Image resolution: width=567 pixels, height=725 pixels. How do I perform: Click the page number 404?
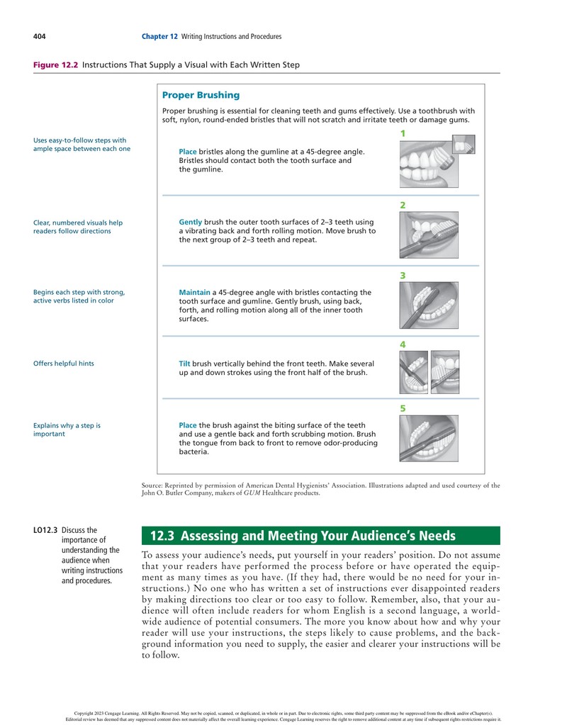pyautogui.click(x=39, y=37)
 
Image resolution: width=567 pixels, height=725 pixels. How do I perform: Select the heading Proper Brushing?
pyautogui.click(x=201, y=95)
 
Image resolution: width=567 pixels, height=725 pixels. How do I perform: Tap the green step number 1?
pyautogui.click(x=403, y=134)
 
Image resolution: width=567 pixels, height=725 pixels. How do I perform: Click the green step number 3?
pyautogui.click(x=403, y=276)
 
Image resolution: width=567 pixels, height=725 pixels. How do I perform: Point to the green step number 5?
pyautogui.click(x=403, y=409)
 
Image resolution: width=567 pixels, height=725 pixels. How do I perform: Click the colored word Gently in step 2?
pyautogui.click(x=191, y=223)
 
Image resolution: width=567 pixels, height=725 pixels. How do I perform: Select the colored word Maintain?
pyautogui.click(x=195, y=292)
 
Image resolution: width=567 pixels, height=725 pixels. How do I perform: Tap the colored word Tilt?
pyautogui.click(x=184, y=364)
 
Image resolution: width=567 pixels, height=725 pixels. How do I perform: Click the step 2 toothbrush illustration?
pyautogui.click(x=429, y=235)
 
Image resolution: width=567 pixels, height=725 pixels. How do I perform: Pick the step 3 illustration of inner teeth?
pyautogui.click(x=429, y=305)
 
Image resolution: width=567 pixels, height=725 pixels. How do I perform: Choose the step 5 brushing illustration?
pyautogui.click(x=429, y=438)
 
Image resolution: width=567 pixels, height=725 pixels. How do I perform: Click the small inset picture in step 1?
pyautogui.click(x=464, y=145)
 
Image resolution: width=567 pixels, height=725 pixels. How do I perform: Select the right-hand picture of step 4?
pyautogui.click(x=445, y=372)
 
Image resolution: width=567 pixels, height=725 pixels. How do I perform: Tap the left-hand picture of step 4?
pyautogui.click(x=413, y=372)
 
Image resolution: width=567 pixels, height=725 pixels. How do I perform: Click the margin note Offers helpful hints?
pyautogui.click(x=63, y=364)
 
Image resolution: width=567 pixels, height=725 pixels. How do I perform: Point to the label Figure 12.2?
pyautogui.click(x=55, y=65)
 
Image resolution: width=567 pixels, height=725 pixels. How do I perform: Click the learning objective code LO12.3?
pyautogui.click(x=45, y=530)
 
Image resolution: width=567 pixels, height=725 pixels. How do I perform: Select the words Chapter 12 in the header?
pyautogui.click(x=159, y=37)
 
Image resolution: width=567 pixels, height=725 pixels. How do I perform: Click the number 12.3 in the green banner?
pyautogui.click(x=162, y=536)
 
